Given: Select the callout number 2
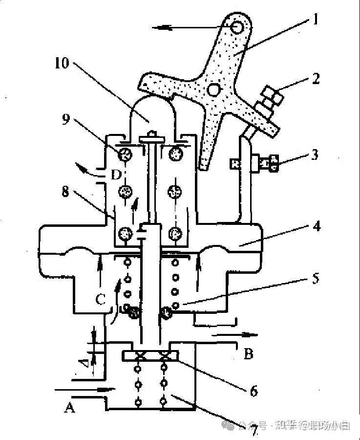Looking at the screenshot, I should coord(316,78).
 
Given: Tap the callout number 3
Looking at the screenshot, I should coord(315,155).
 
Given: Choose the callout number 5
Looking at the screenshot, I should coord(316,279).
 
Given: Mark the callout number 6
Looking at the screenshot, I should coord(253,391).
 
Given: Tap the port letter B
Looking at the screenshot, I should coord(248,353).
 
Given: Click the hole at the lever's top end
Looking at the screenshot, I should coord(237,28).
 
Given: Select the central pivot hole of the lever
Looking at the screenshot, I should coord(213,89).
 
